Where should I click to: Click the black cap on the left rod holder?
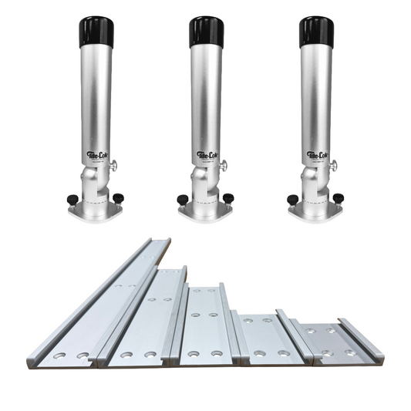pos(93,34)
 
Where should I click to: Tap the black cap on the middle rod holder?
pos(206,34)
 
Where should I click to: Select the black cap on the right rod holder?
pos(315,34)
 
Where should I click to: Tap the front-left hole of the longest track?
pos(59,356)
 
